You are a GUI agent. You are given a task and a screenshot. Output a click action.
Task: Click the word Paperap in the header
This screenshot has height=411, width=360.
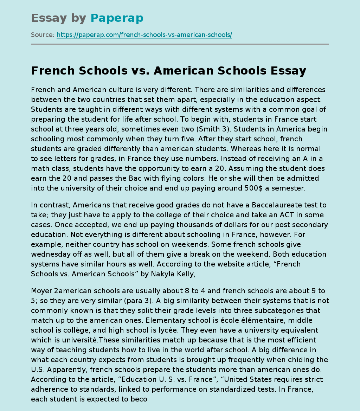click(117, 18)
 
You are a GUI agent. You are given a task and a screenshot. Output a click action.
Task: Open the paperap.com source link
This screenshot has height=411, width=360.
click(144, 35)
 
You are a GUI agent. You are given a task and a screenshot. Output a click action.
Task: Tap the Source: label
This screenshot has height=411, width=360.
click(43, 35)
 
